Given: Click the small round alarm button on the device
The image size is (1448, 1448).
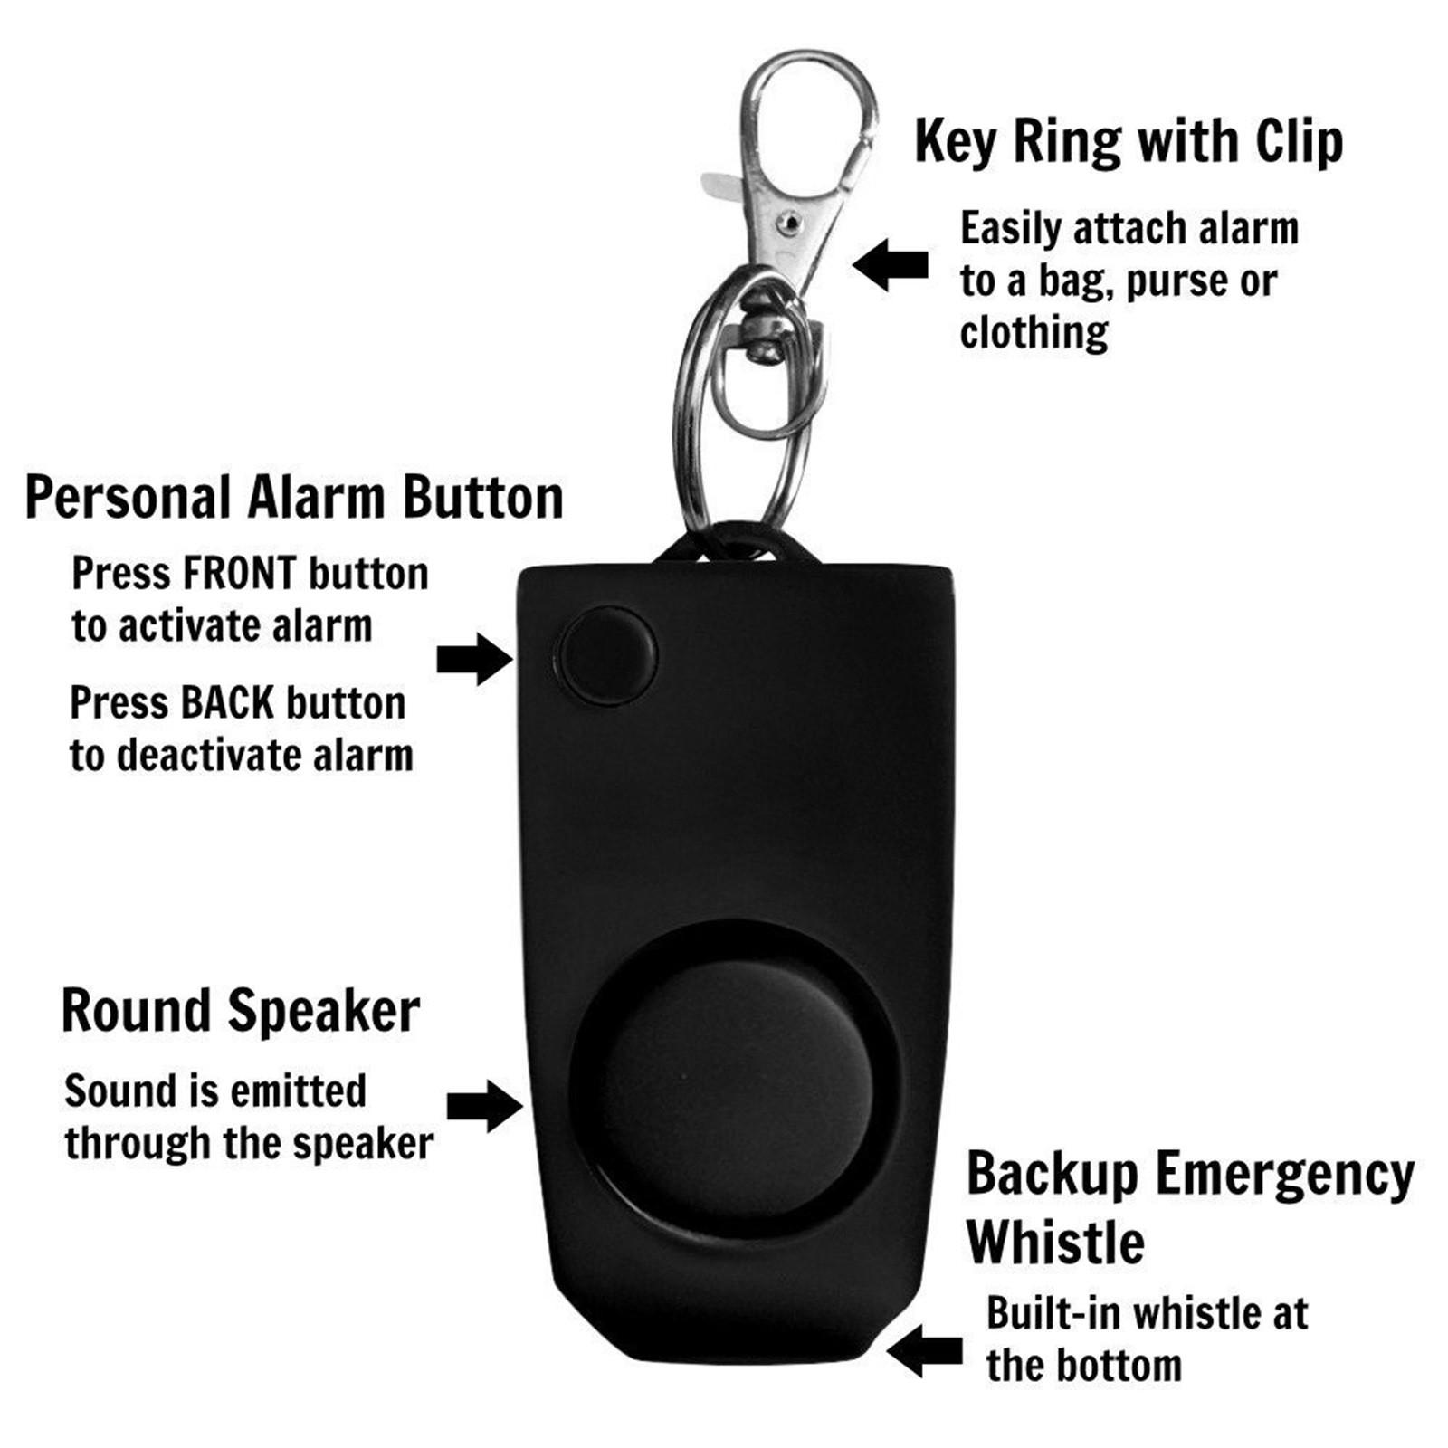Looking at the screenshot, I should (606, 657).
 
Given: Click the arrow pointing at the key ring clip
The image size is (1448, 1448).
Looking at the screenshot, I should (891, 264).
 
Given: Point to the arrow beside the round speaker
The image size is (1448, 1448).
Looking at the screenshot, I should (485, 1105).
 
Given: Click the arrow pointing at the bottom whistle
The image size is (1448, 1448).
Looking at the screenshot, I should (925, 1351).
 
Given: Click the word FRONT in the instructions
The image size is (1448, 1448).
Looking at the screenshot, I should (239, 574).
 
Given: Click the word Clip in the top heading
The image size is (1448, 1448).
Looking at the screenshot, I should (1299, 142).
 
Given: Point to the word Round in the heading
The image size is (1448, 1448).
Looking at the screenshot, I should (135, 1010).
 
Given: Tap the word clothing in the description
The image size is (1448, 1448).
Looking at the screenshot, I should (1034, 333).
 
